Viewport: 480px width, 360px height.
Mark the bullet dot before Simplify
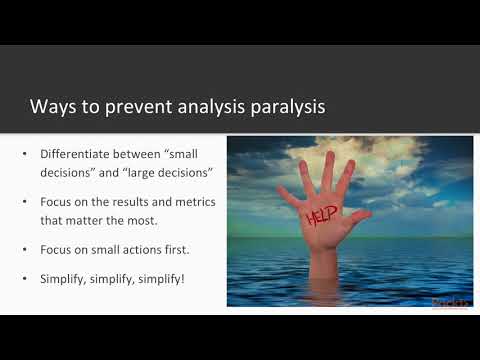point(26,278)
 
